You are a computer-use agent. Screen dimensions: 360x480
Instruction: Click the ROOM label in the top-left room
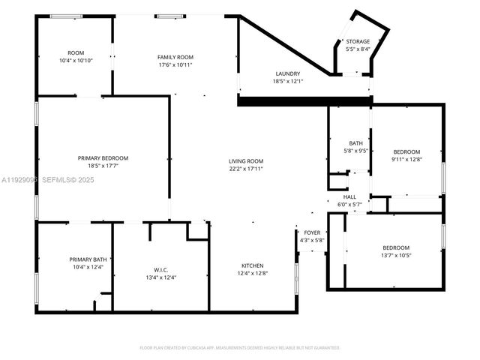pyautogui.click(x=76, y=52)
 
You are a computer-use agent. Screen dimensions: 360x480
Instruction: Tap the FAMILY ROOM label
pyautogui.click(x=175, y=57)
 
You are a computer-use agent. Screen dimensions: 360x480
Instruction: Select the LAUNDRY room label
pyautogui.click(x=287, y=73)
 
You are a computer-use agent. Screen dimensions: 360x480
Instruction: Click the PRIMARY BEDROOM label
pyautogui.click(x=103, y=157)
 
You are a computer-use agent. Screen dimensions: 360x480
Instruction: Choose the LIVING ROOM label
pyautogui.click(x=246, y=160)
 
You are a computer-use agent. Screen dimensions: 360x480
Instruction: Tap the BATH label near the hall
pyautogui.click(x=356, y=143)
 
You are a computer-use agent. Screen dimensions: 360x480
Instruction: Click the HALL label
pyautogui.click(x=349, y=196)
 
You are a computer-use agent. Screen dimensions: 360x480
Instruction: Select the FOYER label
pyautogui.click(x=311, y=232)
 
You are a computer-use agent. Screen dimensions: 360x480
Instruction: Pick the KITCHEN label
pyautogui.click(x=252, y=265)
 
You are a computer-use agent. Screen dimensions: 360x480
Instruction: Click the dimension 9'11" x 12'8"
pyautogui.click(x=407, y=159)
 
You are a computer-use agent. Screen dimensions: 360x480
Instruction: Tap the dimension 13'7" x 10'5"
pyautogui.click(x=395, y=255)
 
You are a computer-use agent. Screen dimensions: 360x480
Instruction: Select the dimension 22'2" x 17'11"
pyautogui.click(x=246, y=168)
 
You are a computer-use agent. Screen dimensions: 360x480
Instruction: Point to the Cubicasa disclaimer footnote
pyautogui.click(x=240, y=347)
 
